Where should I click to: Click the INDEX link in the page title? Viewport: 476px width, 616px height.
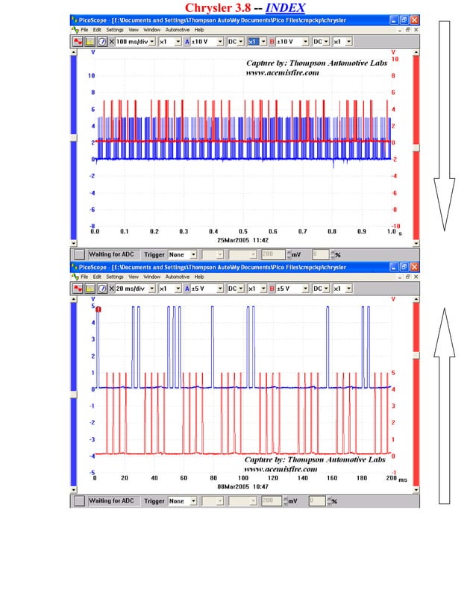click(285, 7)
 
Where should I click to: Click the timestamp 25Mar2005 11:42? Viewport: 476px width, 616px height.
click(242, 240)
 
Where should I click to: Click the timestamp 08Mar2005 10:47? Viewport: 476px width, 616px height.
click(242, 486)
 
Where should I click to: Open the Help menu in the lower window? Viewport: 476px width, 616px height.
click(199, 276)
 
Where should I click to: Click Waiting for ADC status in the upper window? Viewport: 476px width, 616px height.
click(111, 254)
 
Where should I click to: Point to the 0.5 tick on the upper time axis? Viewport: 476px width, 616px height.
click(243, 232)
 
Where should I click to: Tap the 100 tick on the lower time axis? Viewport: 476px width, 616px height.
click(243, 478)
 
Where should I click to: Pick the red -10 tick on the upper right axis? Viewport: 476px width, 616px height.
click(394, 226)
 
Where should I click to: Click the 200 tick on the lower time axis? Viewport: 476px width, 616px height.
click(391, 478)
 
